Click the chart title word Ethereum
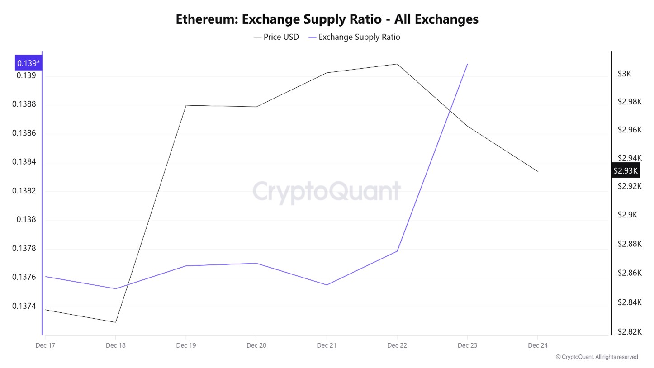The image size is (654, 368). coord(206,19)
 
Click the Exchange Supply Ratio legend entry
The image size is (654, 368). coord(359,37)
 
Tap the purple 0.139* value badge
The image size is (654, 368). coord(28,63)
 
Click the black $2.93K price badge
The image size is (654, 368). coord(625,170)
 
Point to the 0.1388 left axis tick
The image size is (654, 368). coord(25,104)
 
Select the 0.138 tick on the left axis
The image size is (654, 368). coord(26,219)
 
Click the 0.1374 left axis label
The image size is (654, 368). coord(25,306)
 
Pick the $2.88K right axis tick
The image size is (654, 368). coord(629,244)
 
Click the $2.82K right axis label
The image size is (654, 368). coord(629,331)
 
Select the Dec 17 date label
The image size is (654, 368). coord(45,345)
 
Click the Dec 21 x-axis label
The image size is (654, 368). coord(327,345)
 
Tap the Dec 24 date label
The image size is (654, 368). coord(537,345)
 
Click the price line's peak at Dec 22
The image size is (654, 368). coord(397,64)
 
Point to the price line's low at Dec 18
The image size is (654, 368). coord(116,322)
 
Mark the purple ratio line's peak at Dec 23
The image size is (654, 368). coord(467,64)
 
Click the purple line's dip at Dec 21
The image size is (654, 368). coord(327,285)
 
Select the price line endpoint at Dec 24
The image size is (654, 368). coord(538,171)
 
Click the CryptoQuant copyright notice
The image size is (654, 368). coord(597,357)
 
